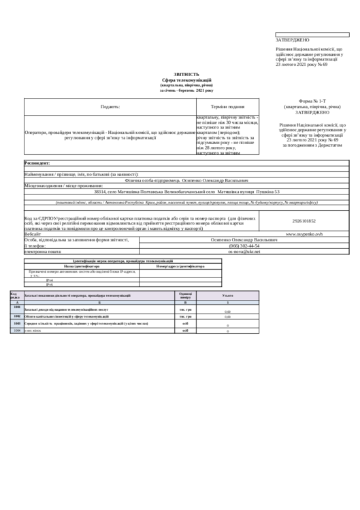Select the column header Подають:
tap(110, 107)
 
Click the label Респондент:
tap(38, 164)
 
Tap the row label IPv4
tap(50, 279)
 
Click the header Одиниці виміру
tap(185, 295)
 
